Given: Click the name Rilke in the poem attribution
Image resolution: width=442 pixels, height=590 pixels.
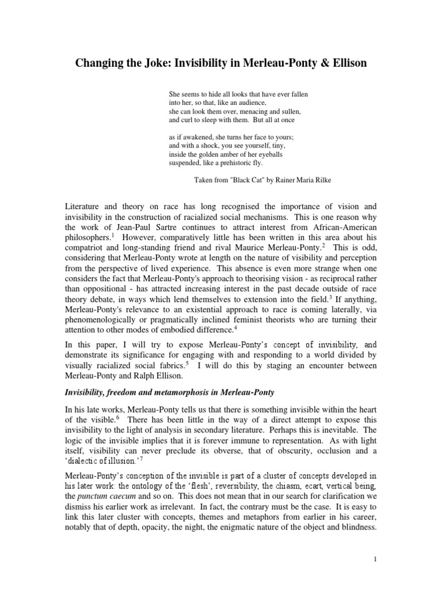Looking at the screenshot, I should pyautogui.click(x=320, y=179).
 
